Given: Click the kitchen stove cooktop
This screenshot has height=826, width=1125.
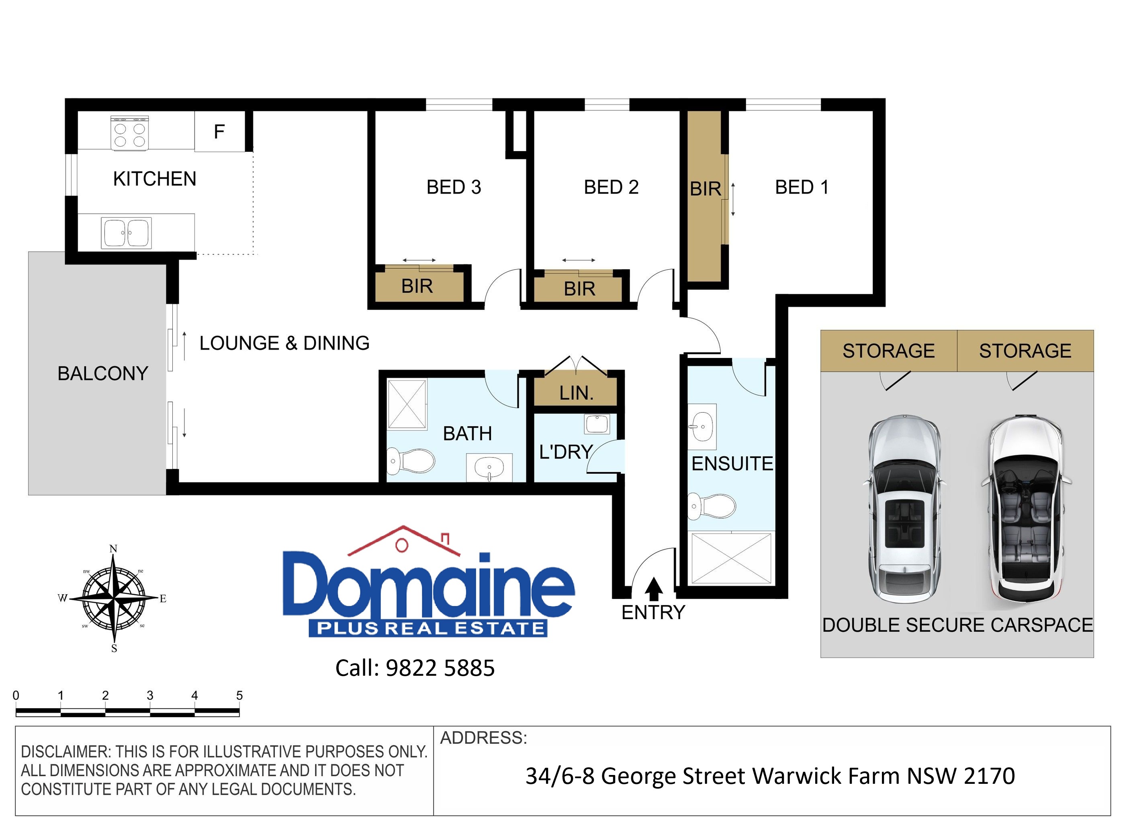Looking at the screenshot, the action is pos(129,133).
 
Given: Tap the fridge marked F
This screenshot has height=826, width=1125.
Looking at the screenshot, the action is pos(219,131).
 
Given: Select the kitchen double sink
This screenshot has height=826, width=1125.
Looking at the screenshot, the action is pos(126,233).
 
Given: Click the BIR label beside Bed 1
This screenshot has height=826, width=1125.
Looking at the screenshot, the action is pos(706,189).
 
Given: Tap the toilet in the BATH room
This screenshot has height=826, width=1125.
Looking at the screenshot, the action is pos(411,460).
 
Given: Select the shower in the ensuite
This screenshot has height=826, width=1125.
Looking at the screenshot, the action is pos(731,558).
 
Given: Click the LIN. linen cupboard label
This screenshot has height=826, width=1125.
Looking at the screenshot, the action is pos(577,393).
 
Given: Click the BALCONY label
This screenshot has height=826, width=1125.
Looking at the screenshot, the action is pos(102,374).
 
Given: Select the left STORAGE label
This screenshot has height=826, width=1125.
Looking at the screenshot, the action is pos(888,351).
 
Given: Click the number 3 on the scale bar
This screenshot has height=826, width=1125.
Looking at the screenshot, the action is pos(150,695).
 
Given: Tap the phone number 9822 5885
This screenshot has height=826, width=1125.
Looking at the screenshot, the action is pos(440,668).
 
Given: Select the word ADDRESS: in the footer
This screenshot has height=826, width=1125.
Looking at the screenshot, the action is pos(483,738).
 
